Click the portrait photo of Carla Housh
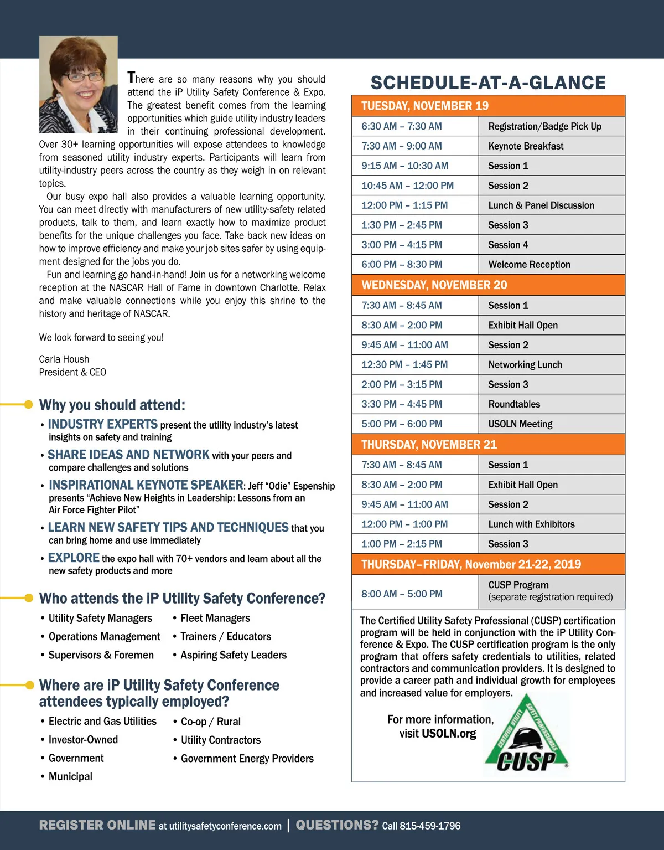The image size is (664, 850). pyautogui.click(x=78, y=84)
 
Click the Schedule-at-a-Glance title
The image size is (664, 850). pyautogui.click(x=488, y=83)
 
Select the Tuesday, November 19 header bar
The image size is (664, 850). pyautogui.click(x=488, y=106)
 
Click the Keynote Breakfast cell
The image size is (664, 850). pyautogui.click(x=551, y=146)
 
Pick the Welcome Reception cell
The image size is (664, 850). pyautogui.click(x=551, y=265)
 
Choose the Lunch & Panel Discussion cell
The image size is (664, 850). pyautogui.click(x=551, y=205)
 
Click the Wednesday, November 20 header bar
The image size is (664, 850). pyautogui.click(x=488, y=285)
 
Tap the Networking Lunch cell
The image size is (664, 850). pyautogui.click(x=551, y=365)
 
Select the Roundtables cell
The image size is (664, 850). pyautogui.click(x=551, y=404)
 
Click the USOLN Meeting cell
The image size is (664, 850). pyautogui.click(x=551, y=424)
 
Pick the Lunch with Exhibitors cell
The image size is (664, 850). pyautogui.click(x=551, y=524)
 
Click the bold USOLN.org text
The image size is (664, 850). pyautogui.click(x=449, y=734)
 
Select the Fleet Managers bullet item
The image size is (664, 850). pyautogui.click(x=215, y=618)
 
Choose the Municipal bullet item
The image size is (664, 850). pyautogui.click(x=70, y=776)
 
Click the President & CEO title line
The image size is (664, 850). pyautogui.click(x=72, y=372)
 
